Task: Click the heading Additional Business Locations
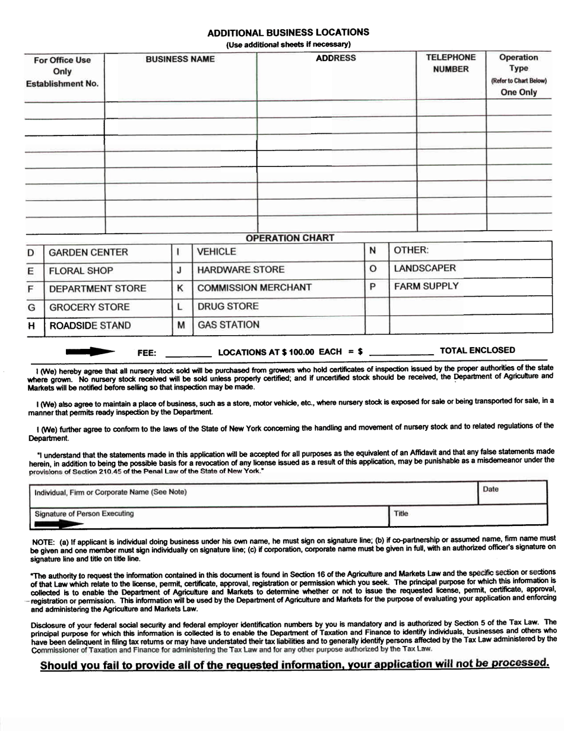coord(288,32)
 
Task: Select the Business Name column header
coord(180,59)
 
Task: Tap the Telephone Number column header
coord(451,64)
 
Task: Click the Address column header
coord(336,58)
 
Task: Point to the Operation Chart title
coord(290,238)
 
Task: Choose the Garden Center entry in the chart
coord(88,253)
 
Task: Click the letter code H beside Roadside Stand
coord(31,326)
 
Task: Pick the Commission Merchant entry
coord(254,288)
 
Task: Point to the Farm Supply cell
coord(426,286)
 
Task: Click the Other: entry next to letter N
coord(411,250)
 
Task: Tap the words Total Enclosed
coord(477,351)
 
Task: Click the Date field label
coord(490,489)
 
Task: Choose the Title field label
coord(401,512)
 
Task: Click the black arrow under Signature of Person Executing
coord(59,524)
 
